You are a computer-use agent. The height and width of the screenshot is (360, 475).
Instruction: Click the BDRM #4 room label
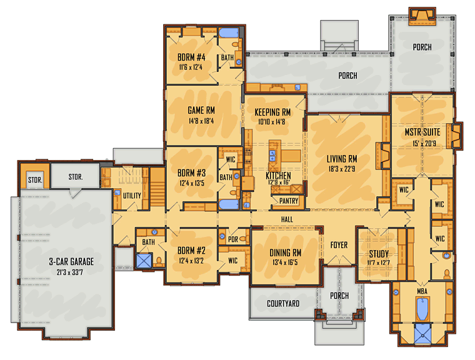point(191,57)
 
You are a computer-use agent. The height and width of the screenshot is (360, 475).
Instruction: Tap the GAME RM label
point(201,110)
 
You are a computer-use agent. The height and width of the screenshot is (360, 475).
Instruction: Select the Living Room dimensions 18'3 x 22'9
point(341,169)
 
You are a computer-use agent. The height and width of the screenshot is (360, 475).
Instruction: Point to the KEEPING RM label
point(272,112)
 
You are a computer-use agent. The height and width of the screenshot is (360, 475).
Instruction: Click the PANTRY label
point(289,201)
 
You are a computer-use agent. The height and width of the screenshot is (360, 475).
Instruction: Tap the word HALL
point(287,219)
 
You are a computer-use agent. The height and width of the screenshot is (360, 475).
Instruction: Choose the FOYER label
point(339,245)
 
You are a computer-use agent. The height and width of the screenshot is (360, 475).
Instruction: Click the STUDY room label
point(379,254)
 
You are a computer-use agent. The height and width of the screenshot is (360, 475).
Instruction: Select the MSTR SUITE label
point(422,132)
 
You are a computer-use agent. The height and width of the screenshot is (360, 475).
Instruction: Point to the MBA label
point(422,291)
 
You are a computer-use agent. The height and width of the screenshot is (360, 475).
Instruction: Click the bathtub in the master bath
point(422,309)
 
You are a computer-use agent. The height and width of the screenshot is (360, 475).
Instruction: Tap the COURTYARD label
point(283,303)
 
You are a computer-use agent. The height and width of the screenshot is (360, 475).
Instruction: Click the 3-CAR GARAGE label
point(71,261)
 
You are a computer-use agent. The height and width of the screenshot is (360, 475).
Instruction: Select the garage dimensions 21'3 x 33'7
point(69,272)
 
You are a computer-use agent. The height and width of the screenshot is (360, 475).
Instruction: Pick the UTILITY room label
point(132,196)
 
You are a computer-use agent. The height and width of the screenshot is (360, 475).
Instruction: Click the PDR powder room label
point(233,239)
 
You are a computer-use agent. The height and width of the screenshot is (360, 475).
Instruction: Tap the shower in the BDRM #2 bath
point(144,261)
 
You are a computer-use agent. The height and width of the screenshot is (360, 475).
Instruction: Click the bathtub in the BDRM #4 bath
point(229,32)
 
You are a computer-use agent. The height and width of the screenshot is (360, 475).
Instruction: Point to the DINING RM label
point(286,252)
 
